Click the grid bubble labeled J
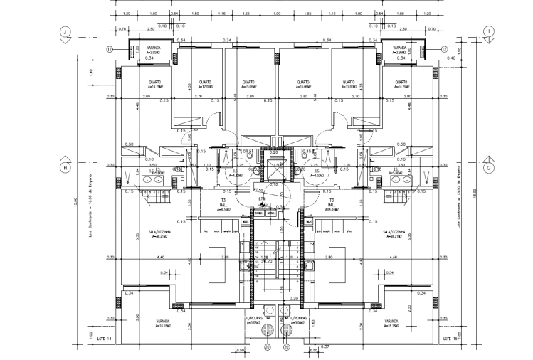(65, 32)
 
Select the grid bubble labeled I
(489, 32)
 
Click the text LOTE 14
(105, 339)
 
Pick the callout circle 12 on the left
(110, 49)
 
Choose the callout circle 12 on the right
(445, 49)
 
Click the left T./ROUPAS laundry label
(255, 319)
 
